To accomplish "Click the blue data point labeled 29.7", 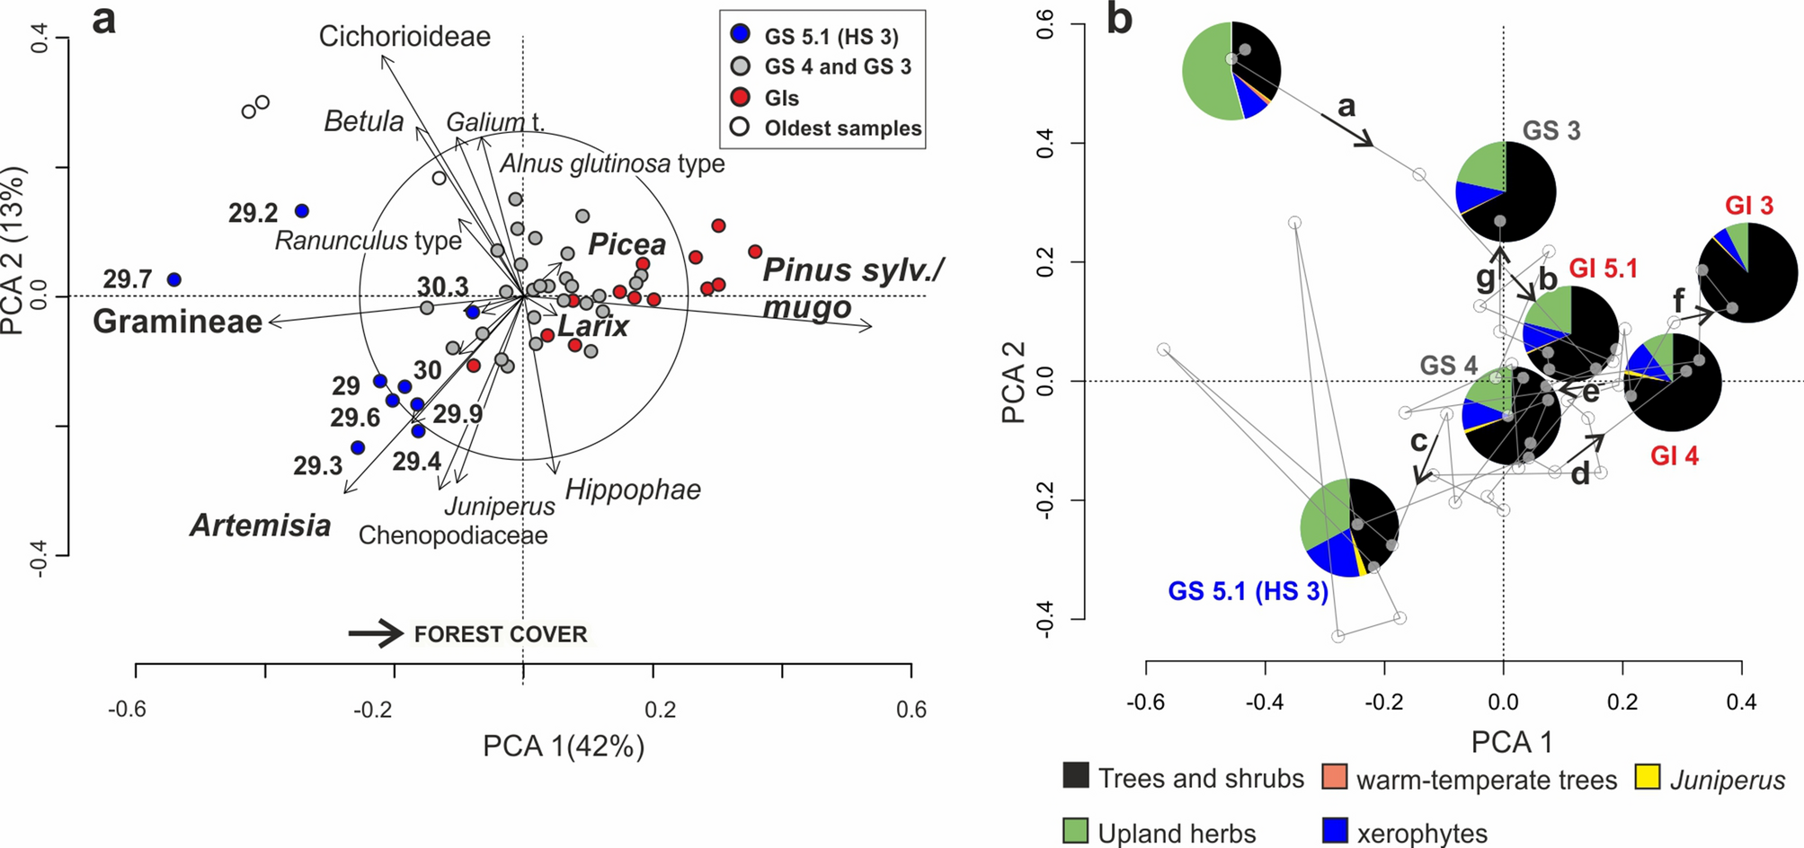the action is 174,280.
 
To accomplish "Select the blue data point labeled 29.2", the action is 302,211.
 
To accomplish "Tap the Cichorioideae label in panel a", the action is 404,37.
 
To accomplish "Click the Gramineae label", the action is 177,322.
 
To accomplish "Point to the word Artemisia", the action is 260,526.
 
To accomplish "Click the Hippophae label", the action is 633,490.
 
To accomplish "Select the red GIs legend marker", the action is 740,97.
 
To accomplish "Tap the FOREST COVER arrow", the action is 377,633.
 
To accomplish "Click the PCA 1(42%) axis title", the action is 564,746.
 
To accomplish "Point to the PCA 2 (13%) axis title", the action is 13,251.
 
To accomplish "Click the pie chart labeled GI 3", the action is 1747,273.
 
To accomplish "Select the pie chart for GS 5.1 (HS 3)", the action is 1349,527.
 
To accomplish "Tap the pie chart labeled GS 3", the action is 1505,191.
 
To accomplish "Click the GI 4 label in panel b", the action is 1674,456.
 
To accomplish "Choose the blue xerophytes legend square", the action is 1335,830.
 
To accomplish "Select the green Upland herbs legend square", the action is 1075,830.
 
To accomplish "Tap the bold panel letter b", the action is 1119,20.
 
